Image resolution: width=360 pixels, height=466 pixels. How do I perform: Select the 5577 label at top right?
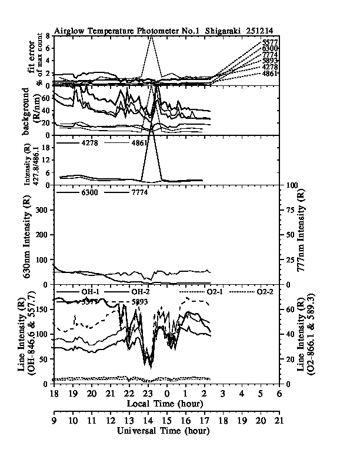tap(270, 42)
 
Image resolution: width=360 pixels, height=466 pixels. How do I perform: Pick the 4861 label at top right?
tap(270, 75)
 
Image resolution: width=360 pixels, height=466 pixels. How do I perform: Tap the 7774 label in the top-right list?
tap(270, 55)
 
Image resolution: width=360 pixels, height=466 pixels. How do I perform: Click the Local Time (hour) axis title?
tap(165, 404)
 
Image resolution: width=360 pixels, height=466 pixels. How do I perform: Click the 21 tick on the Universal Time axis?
tap(279, 421)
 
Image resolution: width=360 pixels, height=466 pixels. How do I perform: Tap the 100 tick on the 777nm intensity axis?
tap(291, 185)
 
